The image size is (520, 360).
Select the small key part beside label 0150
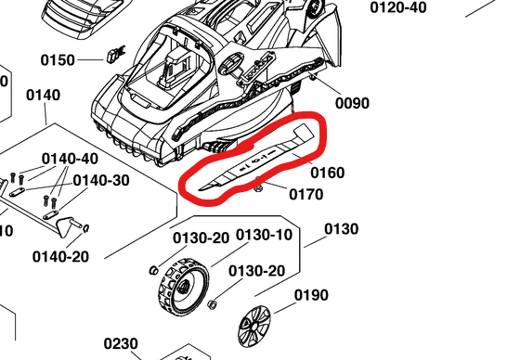click(x=115, y=53)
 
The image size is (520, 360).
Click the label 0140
click(x=44, y=95)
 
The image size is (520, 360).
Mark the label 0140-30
click(x=101, y=179)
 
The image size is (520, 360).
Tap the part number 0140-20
click(x=60, y=256)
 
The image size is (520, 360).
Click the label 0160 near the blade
click(x=327, y=173)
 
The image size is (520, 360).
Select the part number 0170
click(x=305, y=194)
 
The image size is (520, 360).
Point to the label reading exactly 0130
click(x=341, y=229)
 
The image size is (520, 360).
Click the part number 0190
click(x=311, y=295)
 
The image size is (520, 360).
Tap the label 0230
click(x=121, y=343)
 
